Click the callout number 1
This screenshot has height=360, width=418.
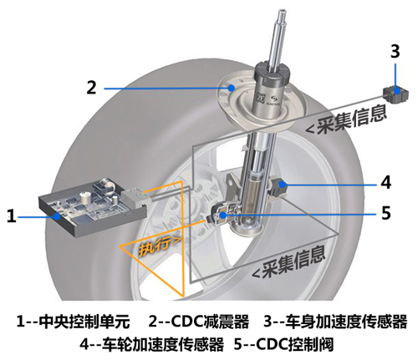pos(11,216)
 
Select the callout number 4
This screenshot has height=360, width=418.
pos(385,181)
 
